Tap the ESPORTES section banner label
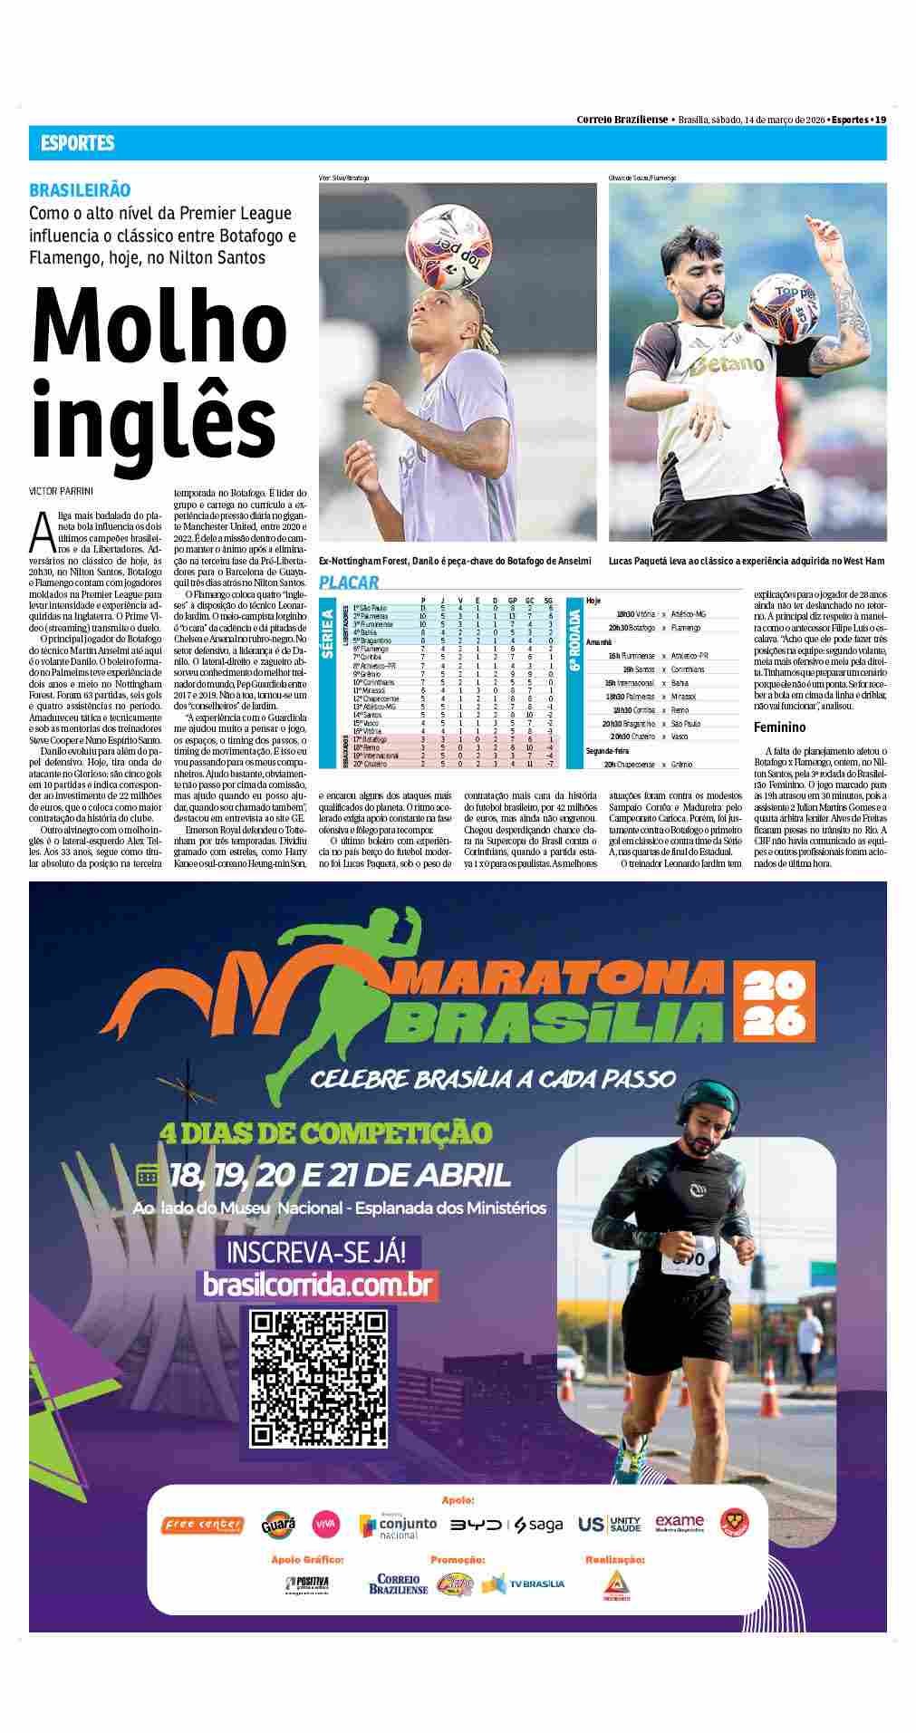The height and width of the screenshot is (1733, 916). (x=77, y=143)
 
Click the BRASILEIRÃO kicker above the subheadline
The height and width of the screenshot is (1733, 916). (x=80, y=190)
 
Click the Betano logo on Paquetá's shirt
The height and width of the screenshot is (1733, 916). (x=727, y=365)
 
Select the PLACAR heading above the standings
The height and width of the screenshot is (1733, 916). (x=349, y=582)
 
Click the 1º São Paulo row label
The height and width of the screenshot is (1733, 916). (x=370, y=607)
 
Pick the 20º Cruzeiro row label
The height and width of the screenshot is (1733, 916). (x=371, y=763)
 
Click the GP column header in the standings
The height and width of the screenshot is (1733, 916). (x=513, y=600)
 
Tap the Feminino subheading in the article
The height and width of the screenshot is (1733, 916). (x=779, y=727)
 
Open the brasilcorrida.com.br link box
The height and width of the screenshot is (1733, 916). (x=317, y=1285)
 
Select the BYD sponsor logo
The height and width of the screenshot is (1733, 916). (x=477, y=1525)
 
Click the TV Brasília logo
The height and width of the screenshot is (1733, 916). (x=523, y=1583)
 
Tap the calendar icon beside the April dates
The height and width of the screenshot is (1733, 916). (x=147, y=1175)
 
